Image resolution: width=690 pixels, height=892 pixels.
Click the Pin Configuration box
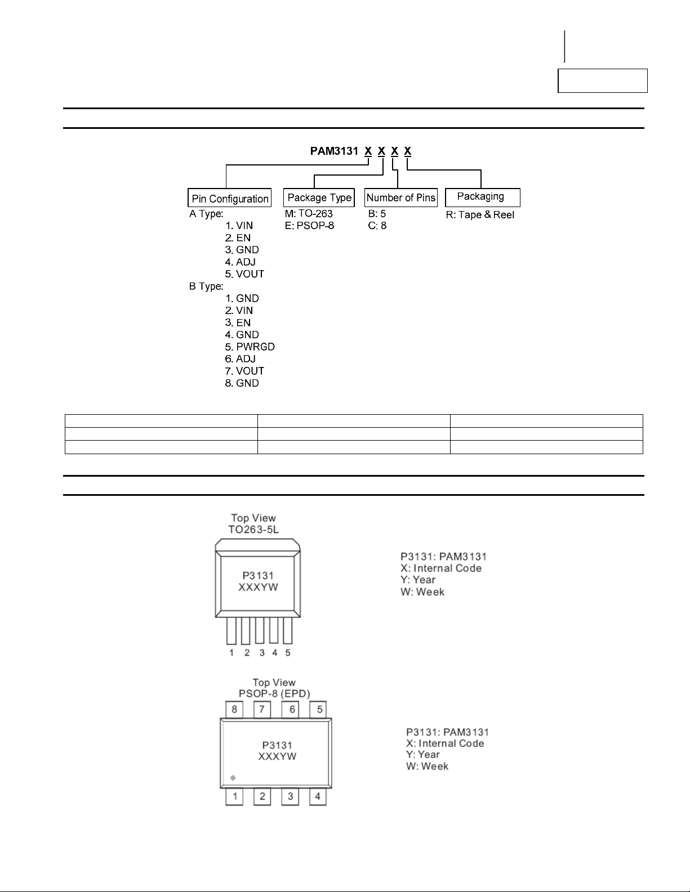click(x=229, y=198)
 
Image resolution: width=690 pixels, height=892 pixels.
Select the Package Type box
click(x=319, y=198)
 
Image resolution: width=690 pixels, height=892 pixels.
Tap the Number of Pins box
click(x=400, y=198)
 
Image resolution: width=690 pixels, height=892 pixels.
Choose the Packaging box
click(x=482, y=197)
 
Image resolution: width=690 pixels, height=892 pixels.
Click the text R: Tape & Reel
click(x=480, y=215)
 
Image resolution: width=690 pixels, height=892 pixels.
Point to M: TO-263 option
click(x=309, y=214)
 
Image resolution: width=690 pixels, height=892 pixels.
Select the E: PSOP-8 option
click(x=309, y=226)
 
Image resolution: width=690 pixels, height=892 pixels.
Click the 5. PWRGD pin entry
click(x=250, y=347)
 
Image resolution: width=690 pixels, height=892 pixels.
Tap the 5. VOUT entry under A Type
click(x=244, y=274)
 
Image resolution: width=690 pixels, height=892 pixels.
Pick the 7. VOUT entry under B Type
click(x=244, y=371)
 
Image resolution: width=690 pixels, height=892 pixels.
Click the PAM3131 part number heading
click(x=334, y=151)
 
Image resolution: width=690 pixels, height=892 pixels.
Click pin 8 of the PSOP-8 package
click(x=234, y=709)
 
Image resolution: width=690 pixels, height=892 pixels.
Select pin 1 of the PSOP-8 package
click(x=234, y=796)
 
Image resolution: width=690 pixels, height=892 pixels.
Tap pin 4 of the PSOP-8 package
click(x=318, y=796)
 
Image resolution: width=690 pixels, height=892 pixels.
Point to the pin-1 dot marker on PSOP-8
click(x=233, y=778)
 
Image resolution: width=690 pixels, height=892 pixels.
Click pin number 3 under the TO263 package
click(x=262, y=653)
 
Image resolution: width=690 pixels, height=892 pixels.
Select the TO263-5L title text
click(x=253, y=530)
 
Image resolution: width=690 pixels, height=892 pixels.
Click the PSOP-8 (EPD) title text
click(x=274, y=694)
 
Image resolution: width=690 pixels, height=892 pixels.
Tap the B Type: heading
click(x=206, y=286)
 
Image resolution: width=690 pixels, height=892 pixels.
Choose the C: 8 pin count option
click(x=377, y=226)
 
